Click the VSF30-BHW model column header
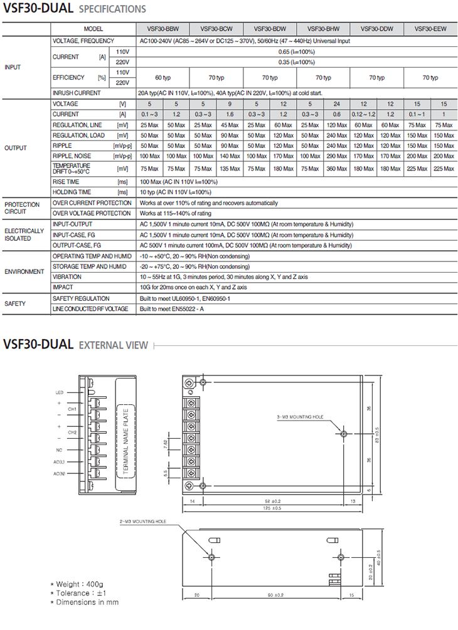pos(323,29)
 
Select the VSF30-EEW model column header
pos(430,29)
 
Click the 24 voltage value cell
pos(337,103)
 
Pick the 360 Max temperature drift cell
pos(337,168)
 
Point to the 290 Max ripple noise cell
pos(337,155)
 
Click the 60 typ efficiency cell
pos(163,77)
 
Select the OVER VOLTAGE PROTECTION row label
pos(92,213)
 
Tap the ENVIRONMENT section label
pos(24,272)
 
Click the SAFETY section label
pos(15,303)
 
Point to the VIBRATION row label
pos(67,276)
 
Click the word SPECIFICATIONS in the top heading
pos(113,9)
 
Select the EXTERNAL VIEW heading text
pos(114,345)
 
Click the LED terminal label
pos(59,392)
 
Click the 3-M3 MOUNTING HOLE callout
pos(299,416)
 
